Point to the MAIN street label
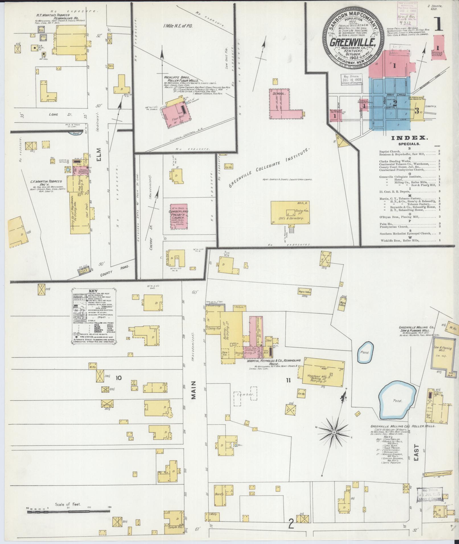pyautogui.click(x=195, y=393)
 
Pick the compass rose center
pyautogui.click(x=333, y=440)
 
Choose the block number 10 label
pyautogui.click(x=118, y=378)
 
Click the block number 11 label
pyautogui.click(x=288, y=380)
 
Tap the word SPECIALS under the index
pyautogui.click(x=409, y=144)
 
